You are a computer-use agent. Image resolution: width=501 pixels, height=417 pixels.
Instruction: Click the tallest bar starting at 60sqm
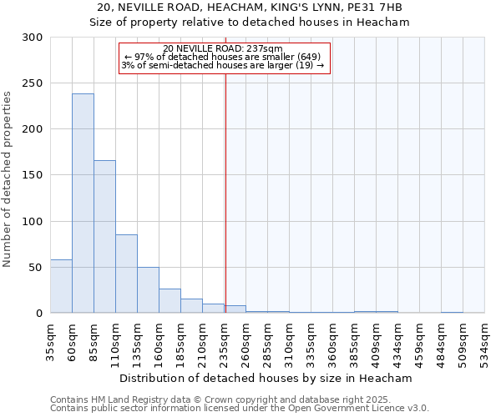[x=83, y=203]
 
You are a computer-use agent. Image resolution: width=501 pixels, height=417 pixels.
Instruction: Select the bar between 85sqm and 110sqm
[x=104, y=237]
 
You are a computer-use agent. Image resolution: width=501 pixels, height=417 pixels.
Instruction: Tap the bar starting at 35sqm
[x=61, y=286]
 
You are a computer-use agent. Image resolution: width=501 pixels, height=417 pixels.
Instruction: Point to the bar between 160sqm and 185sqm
[x=170, y=300]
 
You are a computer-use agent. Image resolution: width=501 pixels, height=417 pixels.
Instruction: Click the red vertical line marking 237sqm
[x=225, y=192]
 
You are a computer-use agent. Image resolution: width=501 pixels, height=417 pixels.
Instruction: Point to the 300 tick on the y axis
[x=33, y=38]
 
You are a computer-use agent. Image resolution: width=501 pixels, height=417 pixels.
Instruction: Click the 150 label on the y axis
[x=33, y=175]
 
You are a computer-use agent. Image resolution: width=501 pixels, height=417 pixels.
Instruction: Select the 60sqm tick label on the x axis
[x=73, y=340]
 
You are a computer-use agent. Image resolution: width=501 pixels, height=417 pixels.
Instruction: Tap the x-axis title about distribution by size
[x=266, y=378]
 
